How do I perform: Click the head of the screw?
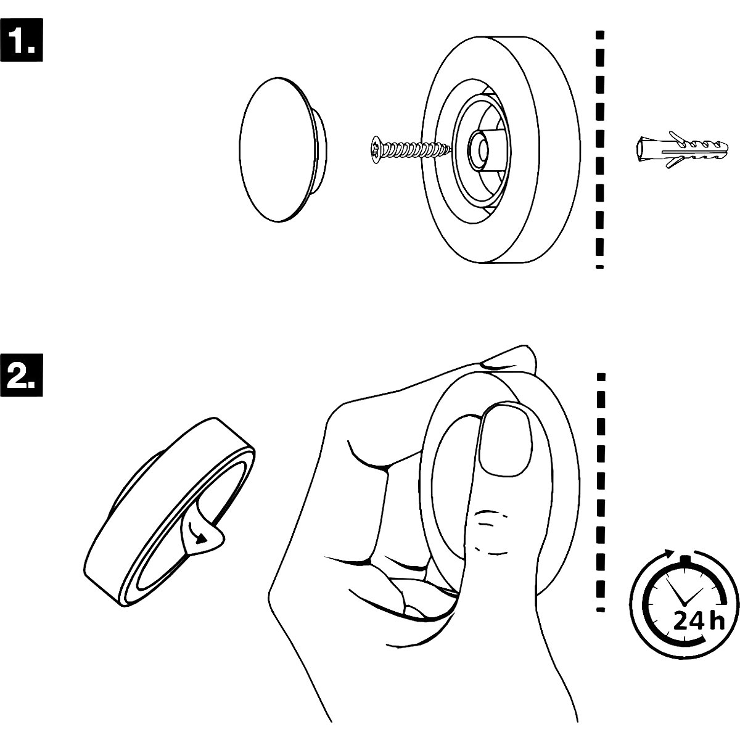376,149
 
